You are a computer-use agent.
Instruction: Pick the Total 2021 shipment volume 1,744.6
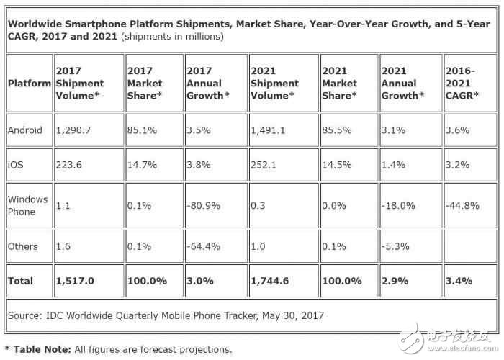(271, 281)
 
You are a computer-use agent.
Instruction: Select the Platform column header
(29, 83)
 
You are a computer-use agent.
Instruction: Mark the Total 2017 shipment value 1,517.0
(75, 281)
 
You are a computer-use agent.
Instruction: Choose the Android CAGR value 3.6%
(459, 131)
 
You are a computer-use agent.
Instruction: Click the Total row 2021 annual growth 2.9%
(395, 281)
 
